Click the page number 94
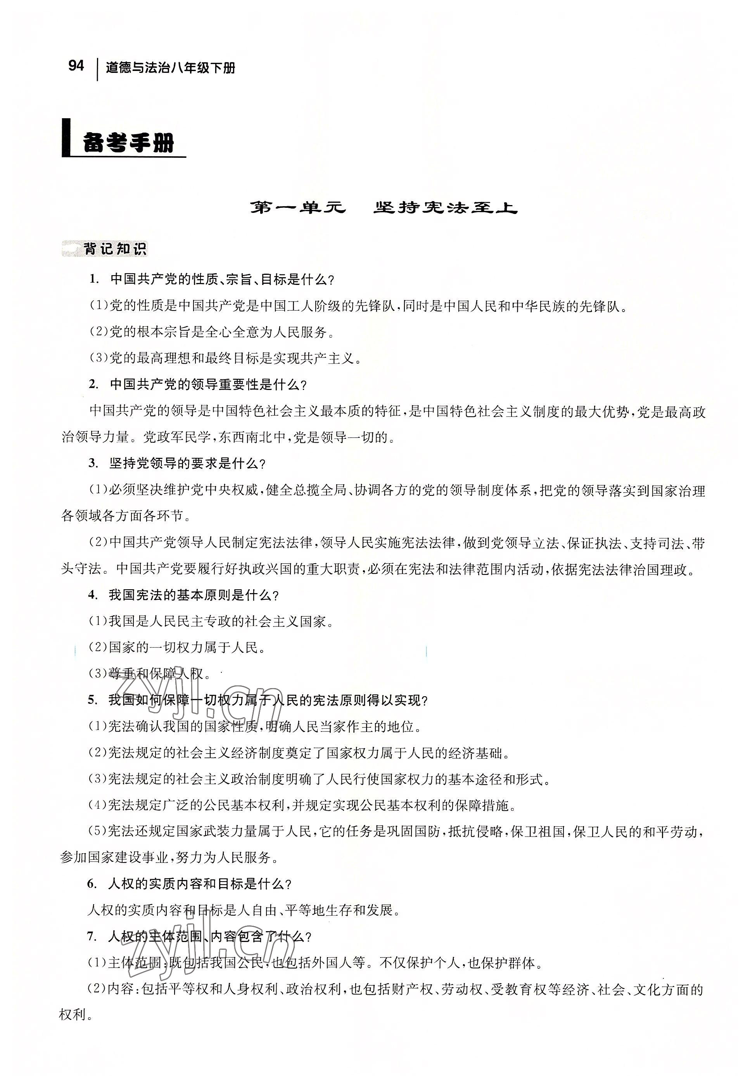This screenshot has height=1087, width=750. [76, 66]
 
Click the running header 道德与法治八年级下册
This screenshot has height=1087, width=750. [170, 68]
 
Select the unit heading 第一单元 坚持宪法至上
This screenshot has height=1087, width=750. [383, 208]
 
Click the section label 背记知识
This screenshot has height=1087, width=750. [115, 248]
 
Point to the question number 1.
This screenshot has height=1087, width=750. [94, 280]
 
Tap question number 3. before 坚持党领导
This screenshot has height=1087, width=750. [93, 464]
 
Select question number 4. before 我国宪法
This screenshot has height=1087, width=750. [92, 595]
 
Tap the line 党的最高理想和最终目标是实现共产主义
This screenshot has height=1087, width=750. [226, 359]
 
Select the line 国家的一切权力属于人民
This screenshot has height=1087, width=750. [177, 648]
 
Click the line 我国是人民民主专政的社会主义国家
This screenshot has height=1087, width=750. [211, 621]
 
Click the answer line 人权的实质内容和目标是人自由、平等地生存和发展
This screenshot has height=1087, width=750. [244, 910]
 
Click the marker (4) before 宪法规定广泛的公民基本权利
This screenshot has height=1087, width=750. [98, 805]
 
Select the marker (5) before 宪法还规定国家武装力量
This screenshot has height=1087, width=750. [98, 832]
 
